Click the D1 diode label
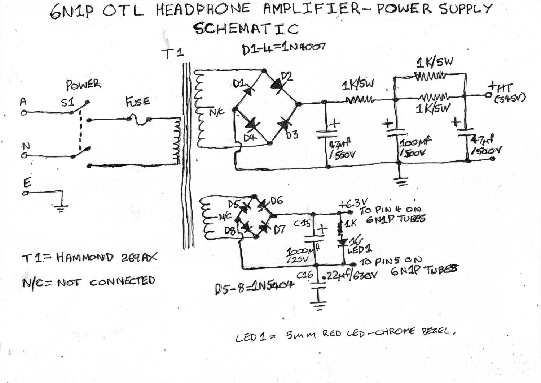[x=239, y=84]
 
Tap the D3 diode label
[x=292, y=135]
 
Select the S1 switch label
[x=67, y=103]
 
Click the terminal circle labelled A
[x=24, y=113]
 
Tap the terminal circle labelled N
[x=24, y=156]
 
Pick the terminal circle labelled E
[x=25, y=193]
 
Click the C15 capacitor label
[x=302, y=224]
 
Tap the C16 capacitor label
[x=305, y=275]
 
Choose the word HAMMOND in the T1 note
[x=85, y=258]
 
